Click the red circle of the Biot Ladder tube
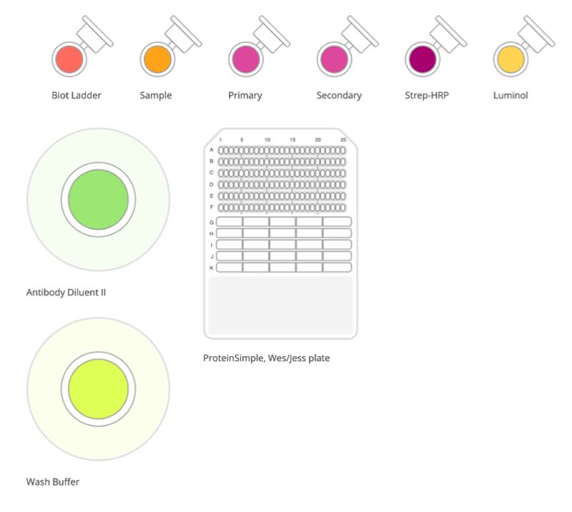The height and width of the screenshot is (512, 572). click(69, 59)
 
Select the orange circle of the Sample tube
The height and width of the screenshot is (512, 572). click(157, 59)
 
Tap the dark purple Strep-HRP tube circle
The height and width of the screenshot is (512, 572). click(423, 59)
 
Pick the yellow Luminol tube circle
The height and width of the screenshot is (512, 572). click(511, 59)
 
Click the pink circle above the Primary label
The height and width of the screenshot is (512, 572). click(246, 59)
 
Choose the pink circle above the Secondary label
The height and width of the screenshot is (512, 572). click(334, 59)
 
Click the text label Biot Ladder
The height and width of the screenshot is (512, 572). click(77, 95)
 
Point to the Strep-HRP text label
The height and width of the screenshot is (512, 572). click(427, 95)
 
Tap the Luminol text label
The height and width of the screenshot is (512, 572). click(511, 95)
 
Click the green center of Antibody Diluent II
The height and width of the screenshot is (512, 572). click(99, 200)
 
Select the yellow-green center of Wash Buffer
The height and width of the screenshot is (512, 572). click(99, 389)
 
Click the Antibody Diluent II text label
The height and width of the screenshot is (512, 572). click(66, 292)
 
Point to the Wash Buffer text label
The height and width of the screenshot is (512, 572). click(53, 482)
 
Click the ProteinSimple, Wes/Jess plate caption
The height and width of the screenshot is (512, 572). click(266, 358)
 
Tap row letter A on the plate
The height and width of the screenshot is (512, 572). click(212, 150)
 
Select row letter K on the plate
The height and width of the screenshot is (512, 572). click(212, 268)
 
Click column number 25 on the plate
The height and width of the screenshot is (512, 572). click(343, 139)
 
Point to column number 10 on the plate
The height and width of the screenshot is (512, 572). click(267, 139)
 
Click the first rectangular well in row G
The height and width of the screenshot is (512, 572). click(230, 222)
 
